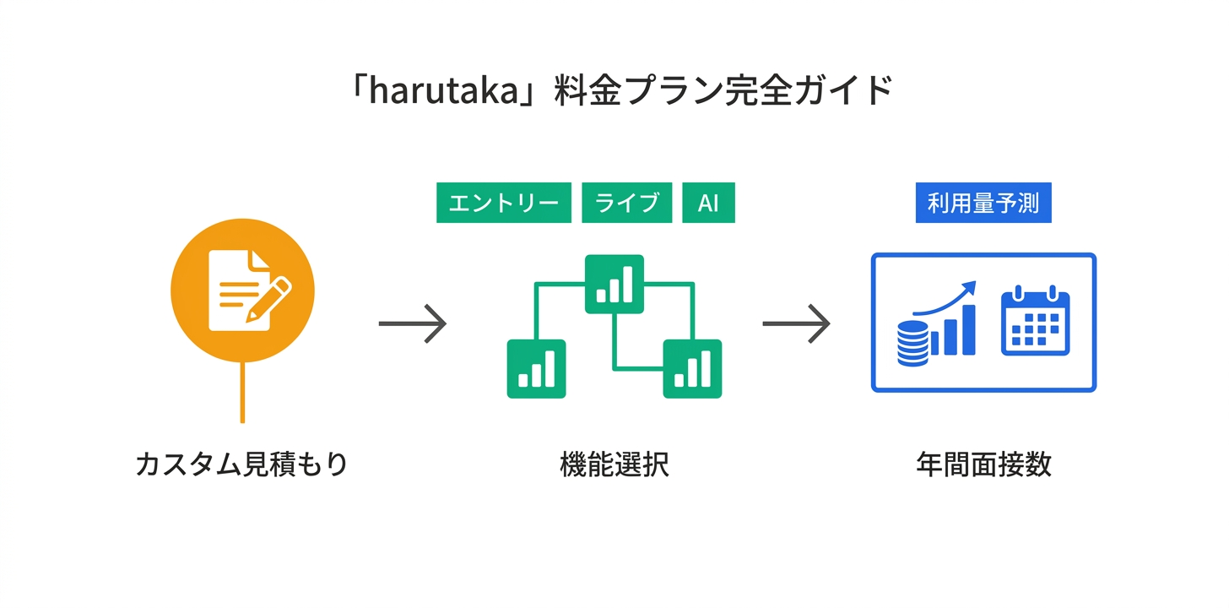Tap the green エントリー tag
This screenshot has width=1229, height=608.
point(503,203)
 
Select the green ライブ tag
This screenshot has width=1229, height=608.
point(626,203)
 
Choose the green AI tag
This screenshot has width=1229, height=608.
point(708,203)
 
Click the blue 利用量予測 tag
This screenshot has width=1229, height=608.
point(983,203)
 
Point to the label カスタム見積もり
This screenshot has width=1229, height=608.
point(242,464)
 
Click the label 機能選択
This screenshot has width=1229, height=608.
point(614,464)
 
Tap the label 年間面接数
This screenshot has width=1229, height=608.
point(983,464)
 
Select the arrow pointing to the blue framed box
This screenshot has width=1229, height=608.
point(796,323)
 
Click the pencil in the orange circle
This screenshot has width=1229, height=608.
point(267,299)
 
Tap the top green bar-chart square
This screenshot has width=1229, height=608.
point(614,284)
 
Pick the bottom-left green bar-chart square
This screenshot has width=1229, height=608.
point(536,368)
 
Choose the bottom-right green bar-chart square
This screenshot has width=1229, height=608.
point(692,368)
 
